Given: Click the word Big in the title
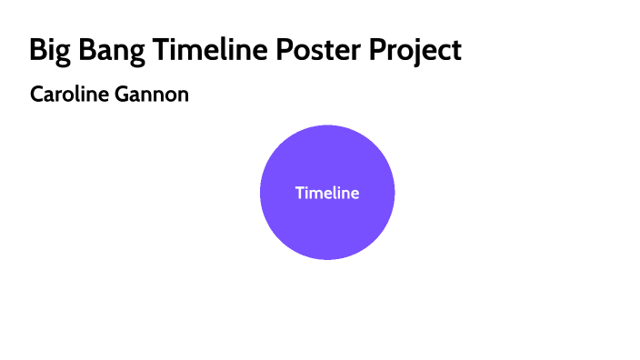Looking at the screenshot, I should point(47,51).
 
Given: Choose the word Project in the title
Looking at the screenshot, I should point(415,51).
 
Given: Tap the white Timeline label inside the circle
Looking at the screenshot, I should point(327,193).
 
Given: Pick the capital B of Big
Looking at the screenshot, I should point(37,50).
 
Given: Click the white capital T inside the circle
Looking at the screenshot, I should point(299,193).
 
